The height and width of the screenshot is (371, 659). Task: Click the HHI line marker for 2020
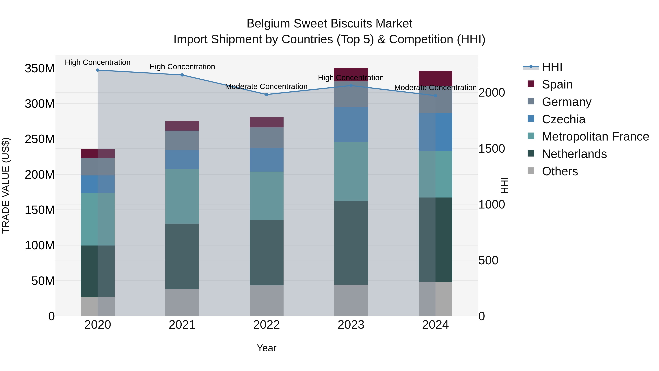[x=98, y=70]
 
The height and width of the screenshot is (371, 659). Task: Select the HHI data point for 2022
[x=267, y=95]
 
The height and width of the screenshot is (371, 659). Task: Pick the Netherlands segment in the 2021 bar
[x=182, y=256]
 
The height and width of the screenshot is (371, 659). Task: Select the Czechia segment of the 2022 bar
[x=267, y=160]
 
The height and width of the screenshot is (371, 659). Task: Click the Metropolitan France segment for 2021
[x=182, y=196]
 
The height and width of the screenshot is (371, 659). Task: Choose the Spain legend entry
[x=557, y=84]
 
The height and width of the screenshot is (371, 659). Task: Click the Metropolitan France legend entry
[x=595, y=137]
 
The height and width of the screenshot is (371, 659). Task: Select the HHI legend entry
[x=552, y=67]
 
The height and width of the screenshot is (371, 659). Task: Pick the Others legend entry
[x=560, y=171]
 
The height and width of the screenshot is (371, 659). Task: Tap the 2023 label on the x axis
[x=351, y=325]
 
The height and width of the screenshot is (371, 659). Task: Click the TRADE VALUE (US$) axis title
[x=6, y=185]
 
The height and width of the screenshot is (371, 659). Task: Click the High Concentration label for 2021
[x=182, y=67]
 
